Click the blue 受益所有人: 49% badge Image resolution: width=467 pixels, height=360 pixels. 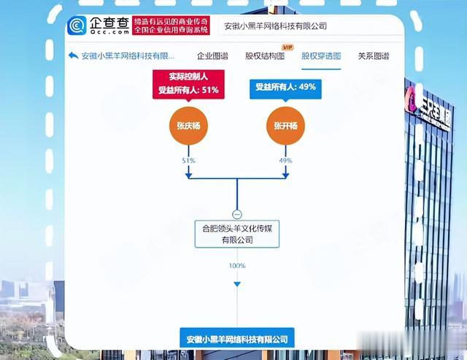(x=285, y=86)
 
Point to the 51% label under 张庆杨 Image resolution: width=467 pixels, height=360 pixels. (x=188, y=160)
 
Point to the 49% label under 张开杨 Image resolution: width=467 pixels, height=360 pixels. (x=285, y=160)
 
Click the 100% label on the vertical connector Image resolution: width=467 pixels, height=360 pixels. (x=237, y=266)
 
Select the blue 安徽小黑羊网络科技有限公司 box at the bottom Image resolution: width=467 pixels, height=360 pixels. (x=237, y=339)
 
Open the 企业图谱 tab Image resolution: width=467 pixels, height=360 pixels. (x=212, y=56)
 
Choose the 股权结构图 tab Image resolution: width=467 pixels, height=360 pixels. (x=264, y=56)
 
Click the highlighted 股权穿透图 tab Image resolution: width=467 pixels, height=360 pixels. (x=321, y=56)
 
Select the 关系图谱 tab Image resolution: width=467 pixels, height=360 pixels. (x=373, y=56)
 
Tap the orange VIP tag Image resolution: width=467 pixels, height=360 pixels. (x=287, y=47)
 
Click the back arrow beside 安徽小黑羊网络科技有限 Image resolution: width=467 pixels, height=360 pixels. (x=73, y=56)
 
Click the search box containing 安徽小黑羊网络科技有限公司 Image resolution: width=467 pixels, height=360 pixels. (x=310, y=26)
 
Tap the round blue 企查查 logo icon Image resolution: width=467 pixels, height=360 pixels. (x=77, y=27)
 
